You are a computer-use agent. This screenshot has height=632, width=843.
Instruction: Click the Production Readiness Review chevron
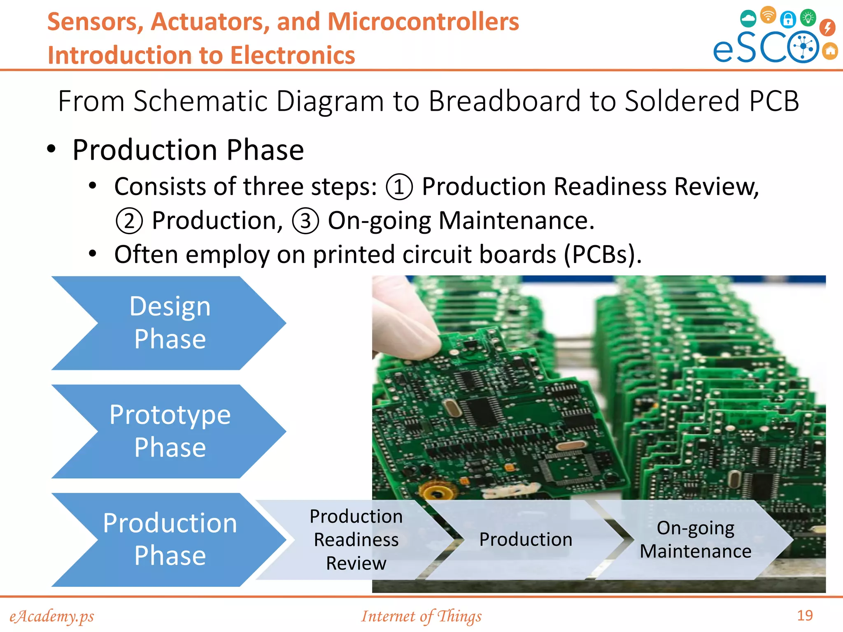[356, 539]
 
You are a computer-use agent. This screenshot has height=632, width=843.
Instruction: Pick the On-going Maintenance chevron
[695, 539]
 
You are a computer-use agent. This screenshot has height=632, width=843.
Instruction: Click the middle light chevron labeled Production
[526, 539]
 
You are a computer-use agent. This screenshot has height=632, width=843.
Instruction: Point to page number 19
[805, 616]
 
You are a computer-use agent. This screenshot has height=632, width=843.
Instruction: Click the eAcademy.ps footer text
[52, 616]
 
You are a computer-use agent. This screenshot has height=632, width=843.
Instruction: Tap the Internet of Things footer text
[421, 616]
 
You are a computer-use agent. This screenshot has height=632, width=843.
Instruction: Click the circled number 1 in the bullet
[399, 187]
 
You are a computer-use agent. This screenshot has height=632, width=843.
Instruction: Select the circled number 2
[129, 221]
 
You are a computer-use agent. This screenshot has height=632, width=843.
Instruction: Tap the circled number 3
[305, 221]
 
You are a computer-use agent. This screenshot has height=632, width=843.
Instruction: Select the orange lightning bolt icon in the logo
[827, 28]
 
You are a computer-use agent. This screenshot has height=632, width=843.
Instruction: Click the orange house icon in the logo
[830, 51]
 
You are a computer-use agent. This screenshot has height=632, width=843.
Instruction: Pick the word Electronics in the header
[293, 56]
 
